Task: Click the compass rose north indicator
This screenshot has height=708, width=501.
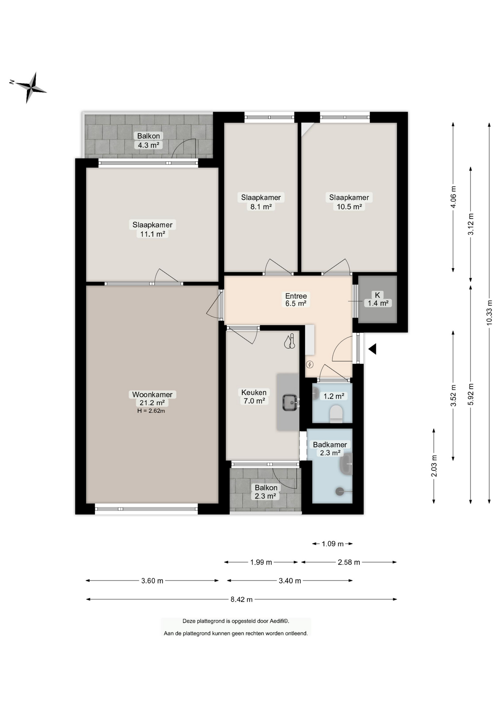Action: click(x=12, y=82)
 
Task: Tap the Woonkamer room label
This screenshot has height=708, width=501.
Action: click(x=152, y=395)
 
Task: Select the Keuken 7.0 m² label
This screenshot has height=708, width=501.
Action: click(x=254, y=397)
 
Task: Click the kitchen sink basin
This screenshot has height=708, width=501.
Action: click(x=290, y=402)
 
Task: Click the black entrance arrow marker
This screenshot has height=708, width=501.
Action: click(x=372, y=349)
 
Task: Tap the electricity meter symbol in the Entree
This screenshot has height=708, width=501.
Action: click(x=310, y=365)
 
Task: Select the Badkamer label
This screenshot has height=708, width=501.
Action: click(x=330, y=445)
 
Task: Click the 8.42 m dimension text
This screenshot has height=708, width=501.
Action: click(x=242, y=600)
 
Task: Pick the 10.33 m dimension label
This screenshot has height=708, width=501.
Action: click(x=490, y=313)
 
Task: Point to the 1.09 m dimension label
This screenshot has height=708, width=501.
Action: click(x=332, y=544)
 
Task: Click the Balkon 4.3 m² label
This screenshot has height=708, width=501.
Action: click(x=149, y=140)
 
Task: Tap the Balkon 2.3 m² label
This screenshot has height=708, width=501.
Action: click(x=266, y=492)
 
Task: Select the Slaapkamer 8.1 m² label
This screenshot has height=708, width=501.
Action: click(x=261, y=202)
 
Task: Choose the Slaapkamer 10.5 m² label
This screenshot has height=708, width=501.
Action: click(x=349, y=202)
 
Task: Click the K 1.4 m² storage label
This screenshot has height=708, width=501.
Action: click(x=378, y=299)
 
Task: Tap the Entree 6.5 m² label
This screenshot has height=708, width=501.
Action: click(x=296, y=300)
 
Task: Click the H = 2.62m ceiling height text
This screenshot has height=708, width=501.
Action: click(x=151, y=411)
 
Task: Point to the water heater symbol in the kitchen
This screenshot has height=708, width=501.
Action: click(x=290, y=341)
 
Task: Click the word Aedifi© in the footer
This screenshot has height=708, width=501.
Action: click(x=279, y=621)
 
